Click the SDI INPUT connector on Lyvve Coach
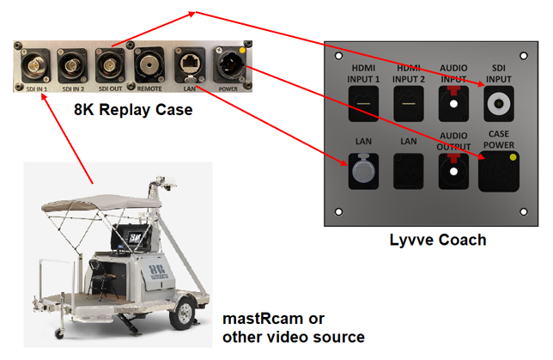tap(497, 105)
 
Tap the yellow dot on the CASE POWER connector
tap(513, 157)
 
